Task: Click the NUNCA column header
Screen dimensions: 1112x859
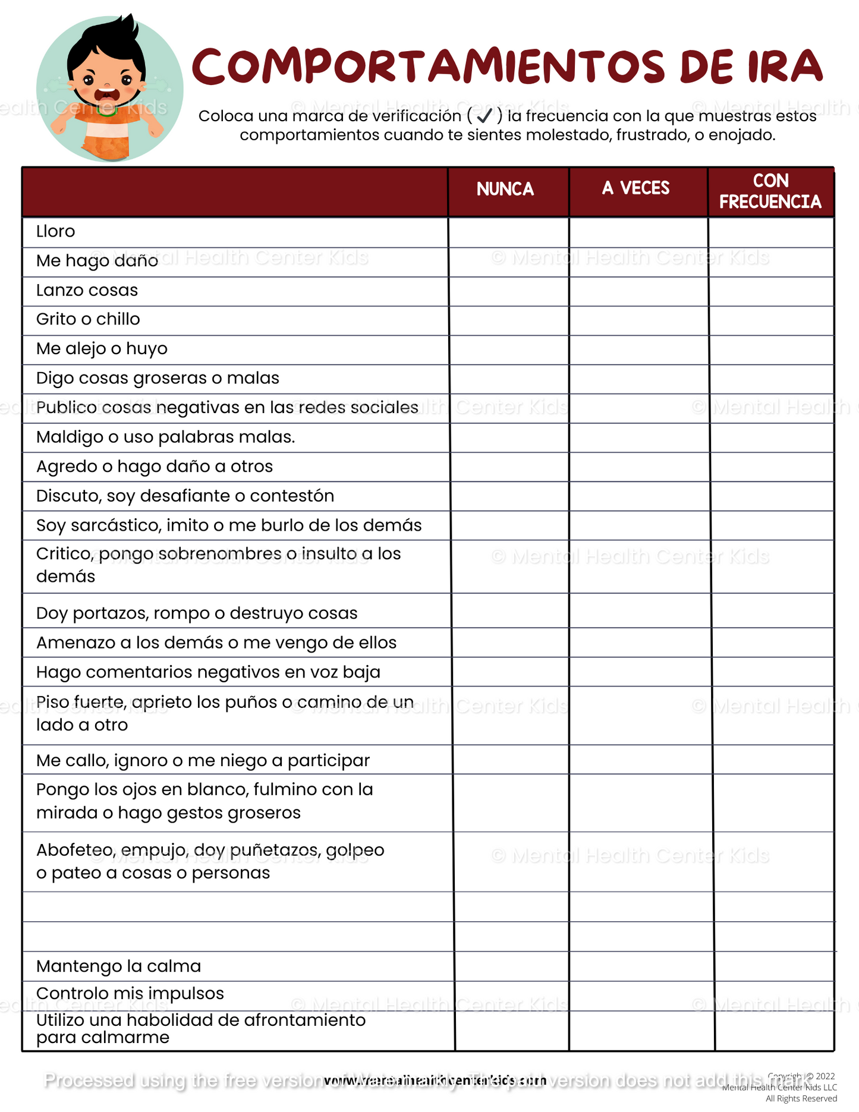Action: tap(505, 190)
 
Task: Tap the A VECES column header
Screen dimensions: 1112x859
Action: tap(635, 188)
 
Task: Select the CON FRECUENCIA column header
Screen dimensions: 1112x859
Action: tap(770, 191)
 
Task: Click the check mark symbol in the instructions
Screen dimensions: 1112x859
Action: tap(484, 115)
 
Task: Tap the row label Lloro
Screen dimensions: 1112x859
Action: tap(55, 231)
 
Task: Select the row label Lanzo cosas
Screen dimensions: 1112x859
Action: tap(87, 290)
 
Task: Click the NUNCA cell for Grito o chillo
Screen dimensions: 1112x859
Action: tap(509, 320)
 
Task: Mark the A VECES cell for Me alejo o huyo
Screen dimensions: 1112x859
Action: tap(638, 349)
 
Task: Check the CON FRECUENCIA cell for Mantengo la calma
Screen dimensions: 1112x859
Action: tap(774, 966)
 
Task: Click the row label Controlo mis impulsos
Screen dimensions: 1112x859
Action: tap(130, 993)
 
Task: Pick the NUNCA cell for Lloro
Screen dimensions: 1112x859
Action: tap(509, 232)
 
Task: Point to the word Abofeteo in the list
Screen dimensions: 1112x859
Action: tap(72, 850)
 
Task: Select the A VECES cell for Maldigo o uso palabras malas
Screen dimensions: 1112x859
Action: tap(639, 437)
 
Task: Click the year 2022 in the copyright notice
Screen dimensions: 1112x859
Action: tap(825, 1076)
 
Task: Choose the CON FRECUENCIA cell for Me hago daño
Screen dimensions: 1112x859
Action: tap(772, 262)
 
